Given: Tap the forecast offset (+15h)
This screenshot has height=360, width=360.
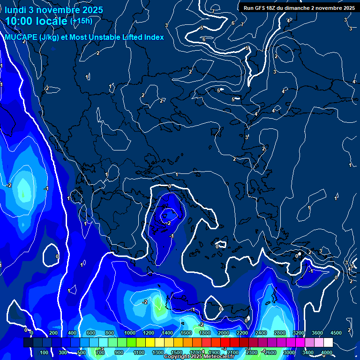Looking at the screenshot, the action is point(81,21).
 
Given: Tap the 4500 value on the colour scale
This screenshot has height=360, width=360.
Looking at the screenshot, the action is point(336,333).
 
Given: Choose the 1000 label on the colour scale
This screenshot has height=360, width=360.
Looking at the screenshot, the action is point(129,333).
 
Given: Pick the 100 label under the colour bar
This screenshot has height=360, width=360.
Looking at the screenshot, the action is point(44,352).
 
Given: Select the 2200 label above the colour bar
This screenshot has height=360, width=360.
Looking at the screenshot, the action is point(242,333).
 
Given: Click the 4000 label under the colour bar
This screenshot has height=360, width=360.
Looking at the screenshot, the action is point(327,352).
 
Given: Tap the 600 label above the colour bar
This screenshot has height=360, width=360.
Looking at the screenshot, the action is point(91,333).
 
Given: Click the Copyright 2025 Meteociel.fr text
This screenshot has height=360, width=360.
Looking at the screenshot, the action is point(198,357).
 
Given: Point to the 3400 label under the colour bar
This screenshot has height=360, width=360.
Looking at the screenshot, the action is point(308,352).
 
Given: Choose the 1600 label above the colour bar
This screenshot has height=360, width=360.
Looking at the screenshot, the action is point(186,333).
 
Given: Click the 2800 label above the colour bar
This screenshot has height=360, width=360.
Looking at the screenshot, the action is point(279,333).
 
